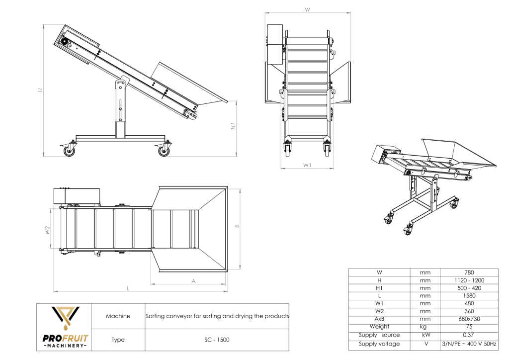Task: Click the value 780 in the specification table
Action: click(x=469, y=272)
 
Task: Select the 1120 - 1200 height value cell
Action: click(x=469, y=280)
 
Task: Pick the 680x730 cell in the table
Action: click(x=469, y=319)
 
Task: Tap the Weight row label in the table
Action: click(x=379, y=327)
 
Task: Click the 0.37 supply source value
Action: click(x=469, y=335)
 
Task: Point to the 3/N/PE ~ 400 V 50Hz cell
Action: click(x=469, y=344)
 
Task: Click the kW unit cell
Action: click(x=424, y=335)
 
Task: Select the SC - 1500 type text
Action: click(x=216, y=340)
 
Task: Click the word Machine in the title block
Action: click(x=118, y=316)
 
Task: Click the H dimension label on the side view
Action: click(x=40, y=90)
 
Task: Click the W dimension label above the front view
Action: click(x=307, y=9)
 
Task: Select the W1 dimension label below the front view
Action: click(x=307, y=165)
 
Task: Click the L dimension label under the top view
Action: click(x=128, y=288)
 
